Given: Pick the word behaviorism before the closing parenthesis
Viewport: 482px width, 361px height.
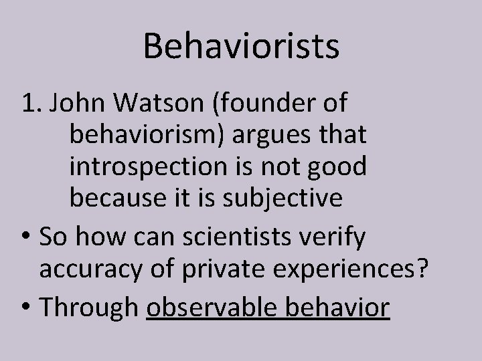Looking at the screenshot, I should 155,136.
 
